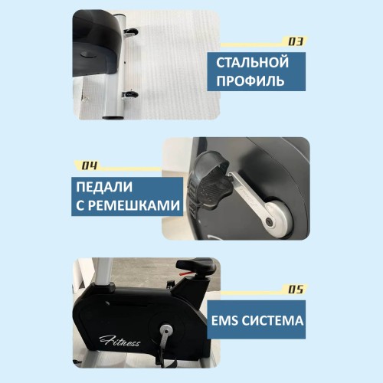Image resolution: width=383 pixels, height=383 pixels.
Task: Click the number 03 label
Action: click(x=295, y=41)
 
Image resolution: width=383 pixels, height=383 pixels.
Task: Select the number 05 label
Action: click(x=295, y=290)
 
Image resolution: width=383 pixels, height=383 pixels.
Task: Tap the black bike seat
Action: click(x=195, y=265)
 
